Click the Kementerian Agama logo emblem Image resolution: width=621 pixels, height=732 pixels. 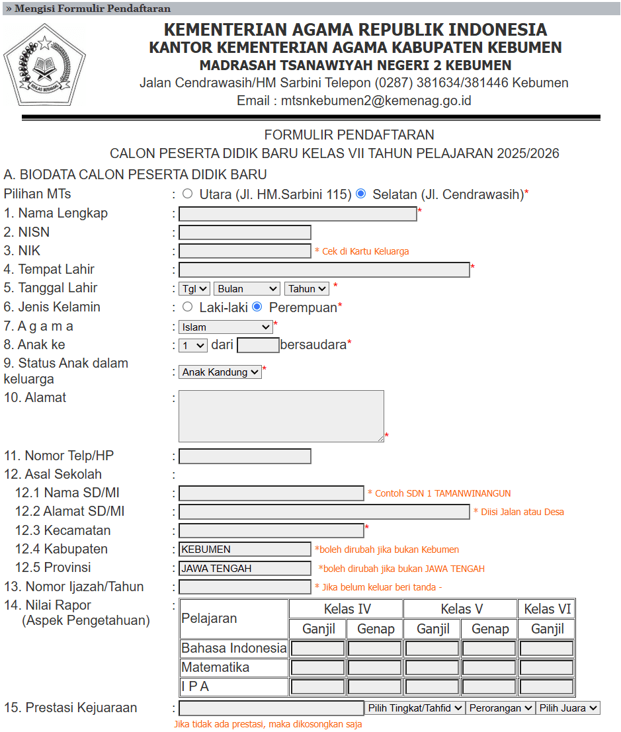click(44, 65)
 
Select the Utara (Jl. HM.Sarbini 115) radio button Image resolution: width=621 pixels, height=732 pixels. click(188, 194)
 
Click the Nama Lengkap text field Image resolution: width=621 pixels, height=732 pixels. click(298, 214)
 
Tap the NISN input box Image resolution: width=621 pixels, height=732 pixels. click(245, 232)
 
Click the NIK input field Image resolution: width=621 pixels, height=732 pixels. click(245, 251)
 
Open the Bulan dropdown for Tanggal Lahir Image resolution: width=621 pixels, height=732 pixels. click(247, 288)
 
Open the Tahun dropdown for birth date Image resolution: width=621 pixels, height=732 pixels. click(306, 288)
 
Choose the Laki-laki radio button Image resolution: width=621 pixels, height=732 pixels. click(188, 307)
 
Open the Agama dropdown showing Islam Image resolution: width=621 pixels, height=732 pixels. click(226, 327)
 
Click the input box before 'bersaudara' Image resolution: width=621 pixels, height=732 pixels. click(258, 345)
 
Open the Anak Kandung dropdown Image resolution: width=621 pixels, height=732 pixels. click(220, 372)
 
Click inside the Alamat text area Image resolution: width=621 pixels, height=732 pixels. click(281, 416)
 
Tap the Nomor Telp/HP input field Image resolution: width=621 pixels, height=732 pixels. click(245, 456)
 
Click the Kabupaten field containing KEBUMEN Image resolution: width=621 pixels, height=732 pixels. click(245, 549)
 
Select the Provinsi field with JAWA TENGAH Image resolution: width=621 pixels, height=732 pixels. click(245, 568)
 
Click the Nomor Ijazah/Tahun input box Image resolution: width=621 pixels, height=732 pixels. click(245, 587)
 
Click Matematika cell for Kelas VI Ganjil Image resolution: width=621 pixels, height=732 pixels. click(546, 667)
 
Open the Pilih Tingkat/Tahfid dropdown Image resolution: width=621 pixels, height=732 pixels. click(415, 708)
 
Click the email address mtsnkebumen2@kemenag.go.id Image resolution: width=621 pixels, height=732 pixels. click(376, 101)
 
